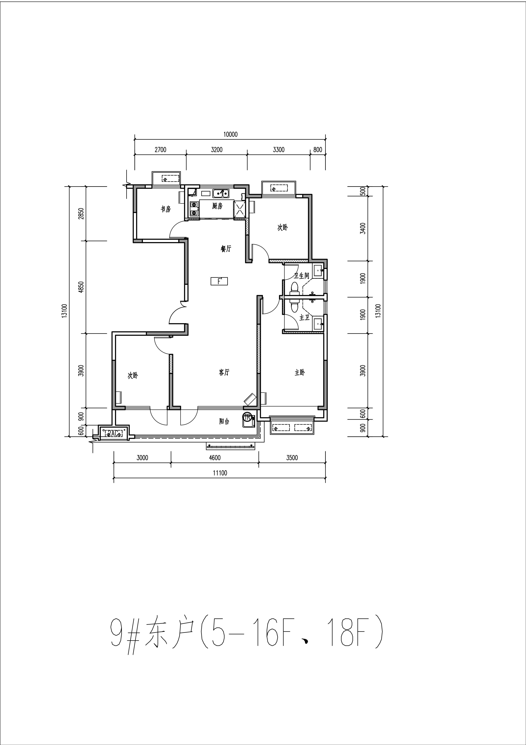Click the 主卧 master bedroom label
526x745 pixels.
[300, 372]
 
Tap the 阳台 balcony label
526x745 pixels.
[224, 421]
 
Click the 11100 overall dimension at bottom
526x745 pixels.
[220, 473]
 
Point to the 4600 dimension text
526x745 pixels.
[215, 458]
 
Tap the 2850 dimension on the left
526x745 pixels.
[81, 214]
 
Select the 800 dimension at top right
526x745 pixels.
[318, 150]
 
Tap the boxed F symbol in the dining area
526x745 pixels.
[219, 281]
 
